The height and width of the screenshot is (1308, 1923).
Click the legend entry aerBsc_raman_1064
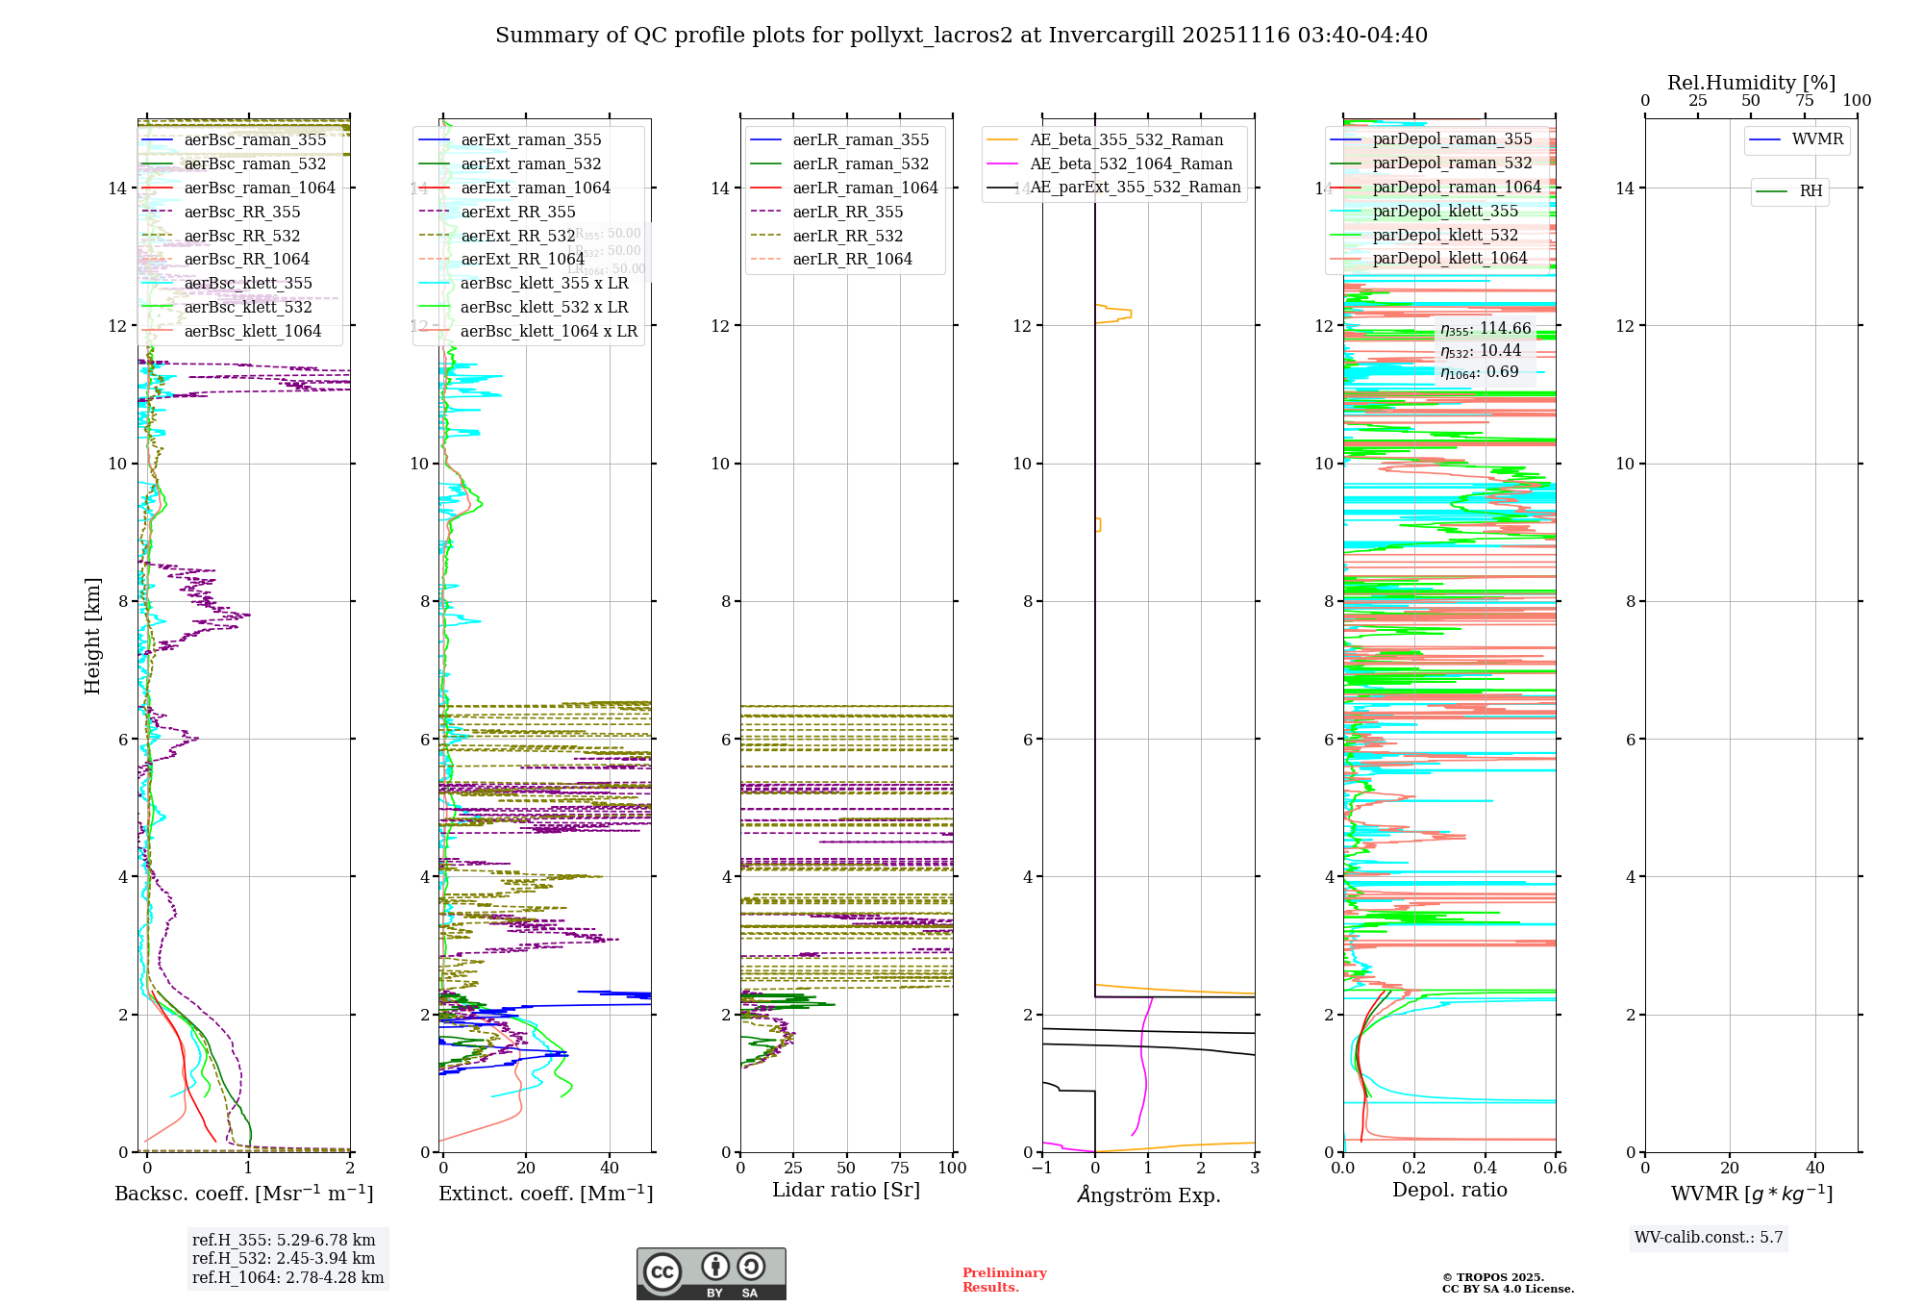(x=260, y=188)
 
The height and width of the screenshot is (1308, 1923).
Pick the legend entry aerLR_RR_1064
(x=852, y=259)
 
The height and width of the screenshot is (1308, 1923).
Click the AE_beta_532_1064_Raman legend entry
(x=1131, y=163)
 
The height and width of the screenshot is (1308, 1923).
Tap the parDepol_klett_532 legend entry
(x=1444, y=235)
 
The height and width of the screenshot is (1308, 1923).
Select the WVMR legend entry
(x=1817, y=139)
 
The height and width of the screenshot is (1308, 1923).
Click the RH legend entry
(x=1811, y=191)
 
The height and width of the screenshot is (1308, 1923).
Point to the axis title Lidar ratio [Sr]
(x=846, y=1191)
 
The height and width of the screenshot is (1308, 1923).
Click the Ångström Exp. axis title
(x=1148, y=1195)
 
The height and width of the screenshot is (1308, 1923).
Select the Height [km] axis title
(x=92, y=635)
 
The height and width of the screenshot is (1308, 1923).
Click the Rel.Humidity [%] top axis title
(x=1751, y=83)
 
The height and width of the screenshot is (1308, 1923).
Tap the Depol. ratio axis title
(x=1449, y=1191)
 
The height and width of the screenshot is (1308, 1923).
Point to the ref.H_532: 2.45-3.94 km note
(x=284, y=1258)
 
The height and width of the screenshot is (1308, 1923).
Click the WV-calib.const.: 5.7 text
(x=1709, y=1238)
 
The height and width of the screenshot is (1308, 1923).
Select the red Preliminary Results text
(x=1004, y=1280)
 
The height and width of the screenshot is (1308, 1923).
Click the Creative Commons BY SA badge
(x=711, y=1273)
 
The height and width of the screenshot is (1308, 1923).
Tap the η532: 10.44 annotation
(x=1480, y=351)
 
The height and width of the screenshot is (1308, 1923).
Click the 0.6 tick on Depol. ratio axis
(x=1555, y=1169)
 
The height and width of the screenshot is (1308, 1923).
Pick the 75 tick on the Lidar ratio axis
(x=900, y=1169)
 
